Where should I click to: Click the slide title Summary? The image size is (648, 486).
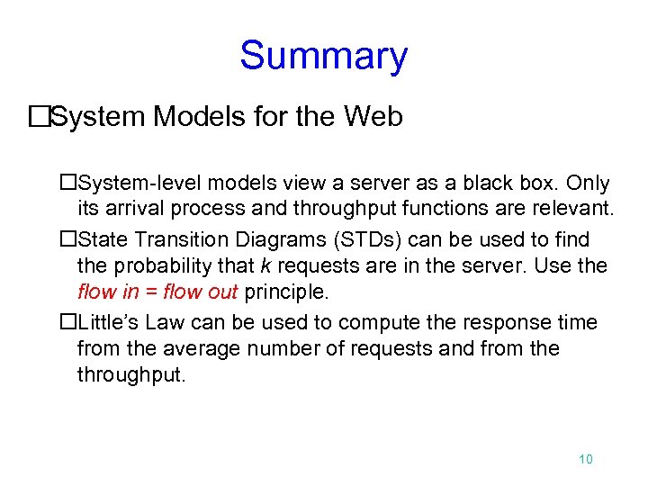[323, 56]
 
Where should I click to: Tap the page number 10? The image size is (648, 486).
[585, 460]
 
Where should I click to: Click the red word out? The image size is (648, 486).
[220, 292]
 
